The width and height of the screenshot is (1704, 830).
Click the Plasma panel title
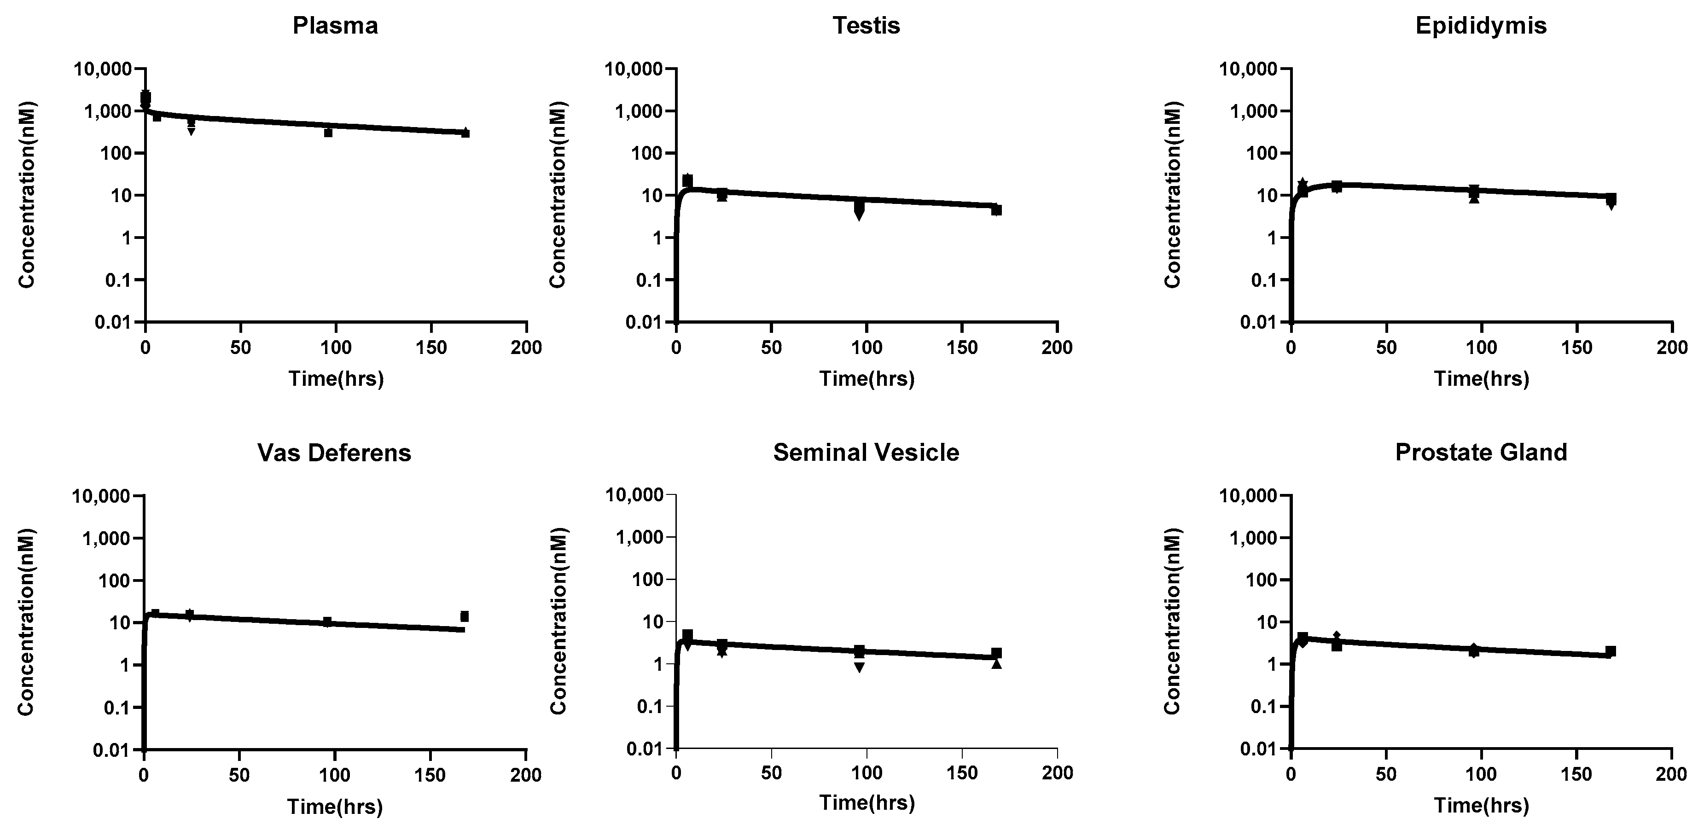pos(335,26)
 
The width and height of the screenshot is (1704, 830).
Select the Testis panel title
pos(866,26)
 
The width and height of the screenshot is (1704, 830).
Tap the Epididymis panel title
pos(1481,26)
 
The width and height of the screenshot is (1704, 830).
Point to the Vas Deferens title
pos(334,453)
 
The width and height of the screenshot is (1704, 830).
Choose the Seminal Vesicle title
pos(866,453)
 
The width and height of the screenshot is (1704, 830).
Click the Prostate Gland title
pos(1481,453)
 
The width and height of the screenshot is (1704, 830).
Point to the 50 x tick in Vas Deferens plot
pos(239,775)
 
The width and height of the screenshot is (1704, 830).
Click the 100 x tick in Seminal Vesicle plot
pos(867,772)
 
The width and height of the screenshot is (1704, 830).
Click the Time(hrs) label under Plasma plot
pos(336,379)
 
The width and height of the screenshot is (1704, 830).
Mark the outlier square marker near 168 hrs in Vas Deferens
pos(465,616)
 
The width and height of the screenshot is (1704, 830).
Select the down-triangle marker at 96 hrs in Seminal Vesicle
pos(859,667)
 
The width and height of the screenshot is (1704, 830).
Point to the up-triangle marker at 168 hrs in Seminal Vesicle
pos(996,664)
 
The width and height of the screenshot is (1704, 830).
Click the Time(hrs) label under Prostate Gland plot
pos(1482,806)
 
